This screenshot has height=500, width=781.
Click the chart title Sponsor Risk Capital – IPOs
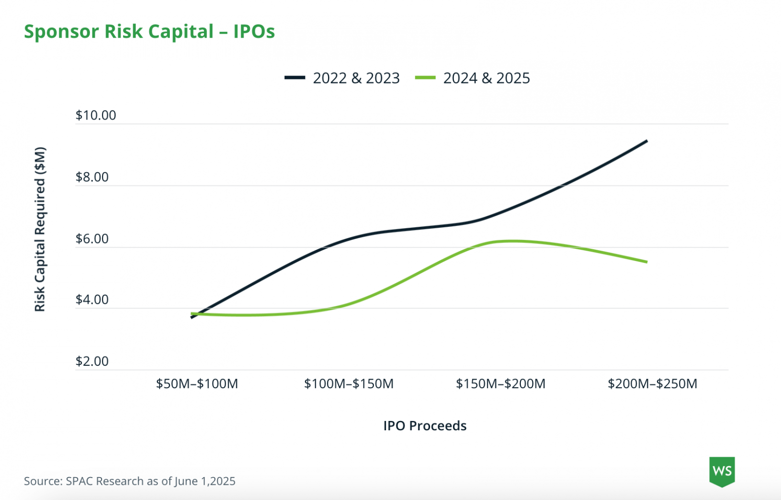click(149, 32)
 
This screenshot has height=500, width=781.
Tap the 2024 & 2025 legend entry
click(473, 78)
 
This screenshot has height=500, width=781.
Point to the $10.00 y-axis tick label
click(96, 116)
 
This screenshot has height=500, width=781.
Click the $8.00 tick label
click(92, 177)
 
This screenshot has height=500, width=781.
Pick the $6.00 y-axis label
click(92, 239)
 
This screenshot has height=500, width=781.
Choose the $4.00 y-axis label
click(92, 300)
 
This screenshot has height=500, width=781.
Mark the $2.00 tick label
click(92, 361)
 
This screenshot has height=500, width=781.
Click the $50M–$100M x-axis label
click(197, 384)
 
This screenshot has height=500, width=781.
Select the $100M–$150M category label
click(349, 384)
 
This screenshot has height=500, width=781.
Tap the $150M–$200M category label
click(500, 384)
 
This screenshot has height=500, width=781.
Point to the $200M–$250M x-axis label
click(652, 384)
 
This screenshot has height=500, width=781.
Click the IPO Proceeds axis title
click(425, 426)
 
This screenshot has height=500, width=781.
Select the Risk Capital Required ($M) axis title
click(40, 229)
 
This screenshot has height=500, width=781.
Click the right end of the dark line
click(647, 141)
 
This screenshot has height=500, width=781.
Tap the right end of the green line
click(647, 262)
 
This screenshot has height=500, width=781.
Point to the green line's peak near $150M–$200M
click(510, 241)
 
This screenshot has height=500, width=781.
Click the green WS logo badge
click(721, 472)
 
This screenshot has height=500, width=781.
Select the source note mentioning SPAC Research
click(130, 481)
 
